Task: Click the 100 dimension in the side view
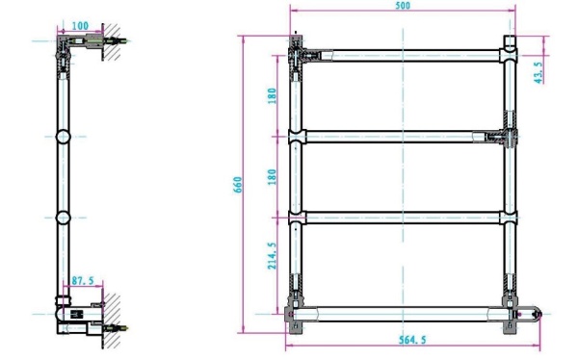coord(80,26)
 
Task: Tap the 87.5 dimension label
coord(83,281)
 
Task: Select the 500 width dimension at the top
coord(403,6)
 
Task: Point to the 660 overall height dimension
coord(238,185)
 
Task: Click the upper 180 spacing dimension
coord(272,96)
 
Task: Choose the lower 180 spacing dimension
coord(272,177)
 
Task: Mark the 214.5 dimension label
coord(272,256)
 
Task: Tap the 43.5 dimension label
coord(539,72)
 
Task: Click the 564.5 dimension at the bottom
coord(412,340)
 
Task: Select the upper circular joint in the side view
coord(63,137)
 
